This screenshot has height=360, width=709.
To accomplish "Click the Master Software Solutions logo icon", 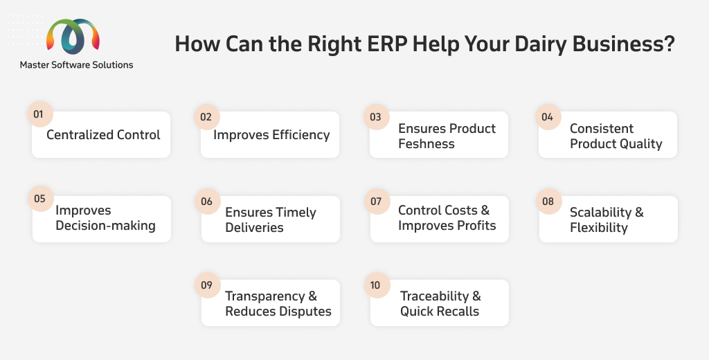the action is (73, 36).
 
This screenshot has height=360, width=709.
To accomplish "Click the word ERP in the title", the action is (387, 44).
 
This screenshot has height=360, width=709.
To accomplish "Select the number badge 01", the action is (39, 114).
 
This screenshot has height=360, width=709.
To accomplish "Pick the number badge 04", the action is (548, 117).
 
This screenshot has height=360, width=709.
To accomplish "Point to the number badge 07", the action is (377, 201).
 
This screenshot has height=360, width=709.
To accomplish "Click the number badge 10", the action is (377, 285).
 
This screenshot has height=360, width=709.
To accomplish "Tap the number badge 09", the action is (207, 285).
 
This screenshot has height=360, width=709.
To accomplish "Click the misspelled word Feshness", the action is (427, 144).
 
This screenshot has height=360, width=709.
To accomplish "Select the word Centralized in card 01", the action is (80, 135).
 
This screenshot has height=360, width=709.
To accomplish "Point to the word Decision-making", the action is (105, 226).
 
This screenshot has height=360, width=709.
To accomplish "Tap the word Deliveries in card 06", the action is (254, 228).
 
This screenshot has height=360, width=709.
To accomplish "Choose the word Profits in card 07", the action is (476, 225).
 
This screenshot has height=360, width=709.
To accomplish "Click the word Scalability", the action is (600, 213).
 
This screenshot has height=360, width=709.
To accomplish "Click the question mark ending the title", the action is (668, 44).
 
